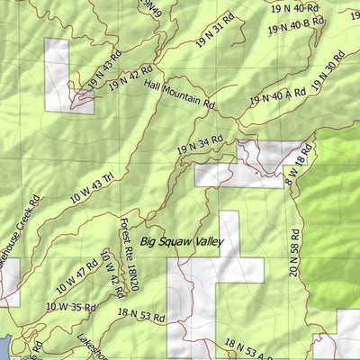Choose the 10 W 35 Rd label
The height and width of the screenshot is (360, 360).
coord(69,307)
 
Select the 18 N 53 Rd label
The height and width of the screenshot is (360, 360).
coord(141,314)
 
